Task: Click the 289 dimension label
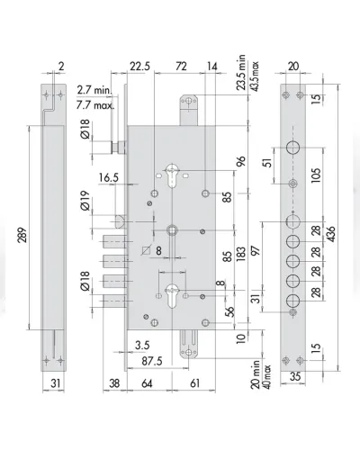23,235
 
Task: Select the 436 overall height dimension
331,234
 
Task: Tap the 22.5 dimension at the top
139,66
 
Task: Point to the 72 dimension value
181,66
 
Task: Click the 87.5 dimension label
152,361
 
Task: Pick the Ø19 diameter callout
85,201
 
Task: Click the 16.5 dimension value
109,177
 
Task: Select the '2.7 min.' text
94,90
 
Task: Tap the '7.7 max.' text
95,105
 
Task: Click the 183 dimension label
241,254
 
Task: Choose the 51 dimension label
269,162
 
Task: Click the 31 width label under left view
55,383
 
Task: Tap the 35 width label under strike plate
295,376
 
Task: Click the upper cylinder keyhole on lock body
172,175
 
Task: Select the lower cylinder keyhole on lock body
172,295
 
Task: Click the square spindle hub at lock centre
172,230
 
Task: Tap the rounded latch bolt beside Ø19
121,221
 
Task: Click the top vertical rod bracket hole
188,101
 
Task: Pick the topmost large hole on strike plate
293,148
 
